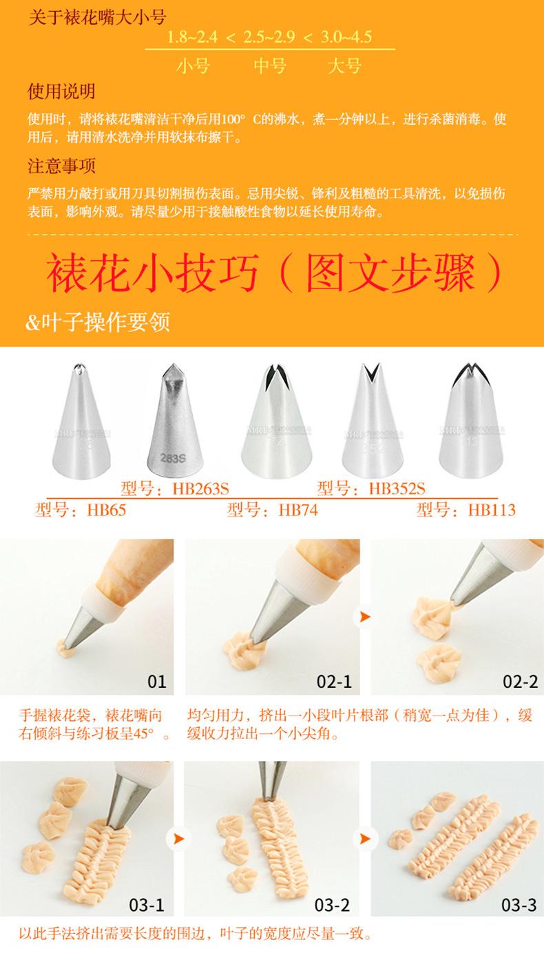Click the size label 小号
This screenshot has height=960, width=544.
click(x=193, y=66)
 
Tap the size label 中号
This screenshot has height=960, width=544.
click(x=270, y=66)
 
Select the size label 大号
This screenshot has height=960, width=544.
click(x=344, y=66)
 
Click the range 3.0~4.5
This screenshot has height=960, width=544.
click(x=344, y=36)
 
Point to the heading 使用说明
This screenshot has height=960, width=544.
click(x=61, y=91)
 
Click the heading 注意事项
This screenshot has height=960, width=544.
click(x=61, y=166)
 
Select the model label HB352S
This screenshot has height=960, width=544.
click(x=372, y=489)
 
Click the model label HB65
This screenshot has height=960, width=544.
click(x=81, y=510)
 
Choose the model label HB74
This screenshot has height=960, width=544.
click(x=273, y=510)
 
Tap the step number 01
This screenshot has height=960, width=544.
click(x=157, y=682)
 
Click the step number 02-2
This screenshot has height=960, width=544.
click(x=520, y=682)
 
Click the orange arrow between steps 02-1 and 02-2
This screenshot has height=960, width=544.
click(x=362, y=616)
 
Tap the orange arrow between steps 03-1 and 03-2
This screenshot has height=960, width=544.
click(x=178, y=839)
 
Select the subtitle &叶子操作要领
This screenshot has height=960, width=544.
click(x=98, y=322)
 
